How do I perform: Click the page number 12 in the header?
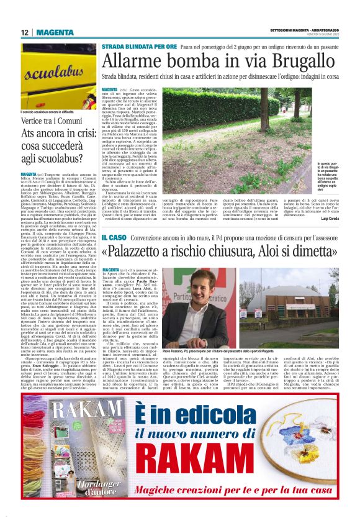(x=25, y=32)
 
